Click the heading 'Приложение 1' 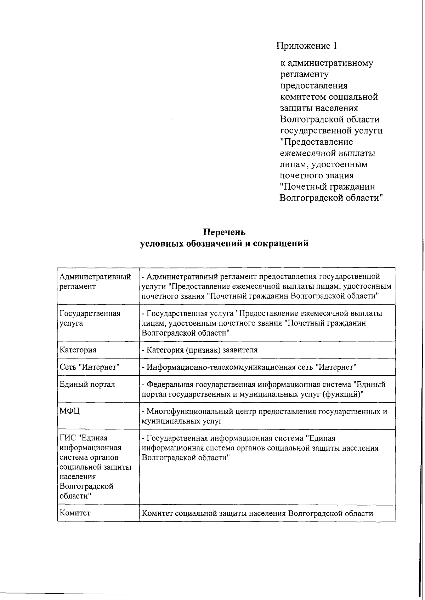click(307, 46)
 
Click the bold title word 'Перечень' click(224, 232)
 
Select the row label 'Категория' click(78, 350)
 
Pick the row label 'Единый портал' click(87, 384)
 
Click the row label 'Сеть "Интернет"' click(90, 367)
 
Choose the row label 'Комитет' click(75, 513)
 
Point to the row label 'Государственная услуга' click(90, 318)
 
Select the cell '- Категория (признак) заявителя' click(200, 350)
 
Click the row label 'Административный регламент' click(95, 281)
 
